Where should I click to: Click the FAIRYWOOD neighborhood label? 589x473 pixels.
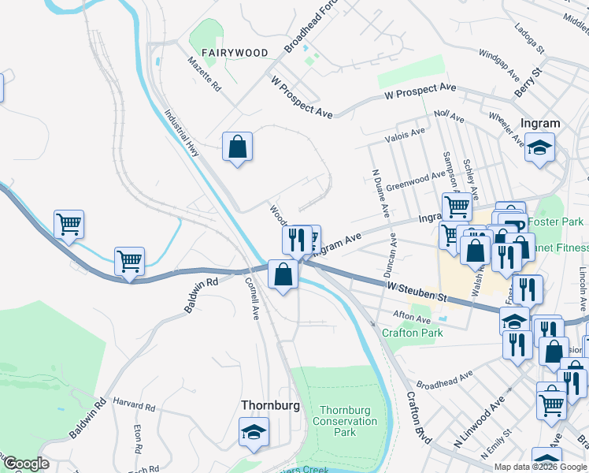click(235, 53)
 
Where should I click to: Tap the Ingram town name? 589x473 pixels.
click(540, 123)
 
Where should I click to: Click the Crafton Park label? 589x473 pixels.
click(412, 333)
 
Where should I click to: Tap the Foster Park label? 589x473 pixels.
click(556, 222)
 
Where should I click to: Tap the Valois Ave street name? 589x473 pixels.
click(406, 136)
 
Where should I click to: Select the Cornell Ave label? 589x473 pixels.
click(252, 297)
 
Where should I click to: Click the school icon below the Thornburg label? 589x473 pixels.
click(254, 431)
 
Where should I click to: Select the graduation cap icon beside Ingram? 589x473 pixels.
click(540, 147)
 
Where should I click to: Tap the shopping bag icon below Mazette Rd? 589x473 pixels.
click(237, 147)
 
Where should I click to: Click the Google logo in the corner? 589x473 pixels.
click(26, 464)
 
